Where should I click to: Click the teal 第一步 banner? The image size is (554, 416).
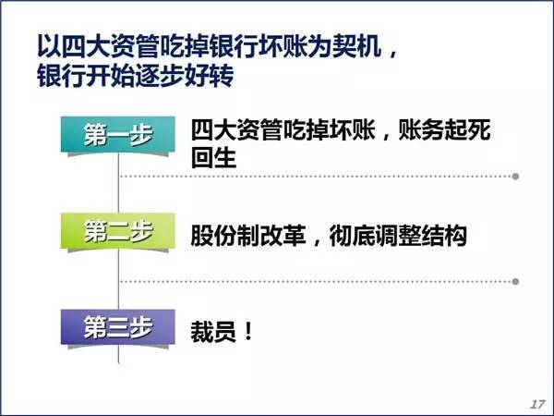click(118, 135)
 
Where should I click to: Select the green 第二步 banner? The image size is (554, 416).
click(118, 231)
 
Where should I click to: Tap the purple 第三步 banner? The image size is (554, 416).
click(118, 327)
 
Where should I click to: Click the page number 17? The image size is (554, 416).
click(537, 404)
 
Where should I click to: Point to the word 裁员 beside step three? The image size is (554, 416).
click(213, 332)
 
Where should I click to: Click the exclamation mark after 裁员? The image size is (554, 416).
click(248, 332)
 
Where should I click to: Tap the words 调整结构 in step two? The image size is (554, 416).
click(421, 235)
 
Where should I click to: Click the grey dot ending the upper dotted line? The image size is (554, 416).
click(515, 177)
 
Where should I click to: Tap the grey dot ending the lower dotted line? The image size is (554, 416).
click(515, 282)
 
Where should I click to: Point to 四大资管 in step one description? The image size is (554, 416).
click(236, 129)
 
